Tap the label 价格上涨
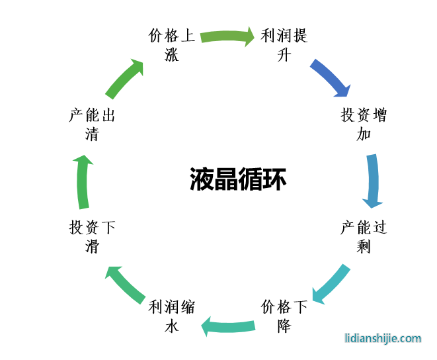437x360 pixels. click(172, 44)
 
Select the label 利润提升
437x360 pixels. click(284, 44)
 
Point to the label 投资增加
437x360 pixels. click(364, 124)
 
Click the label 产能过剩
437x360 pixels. click(364, 236)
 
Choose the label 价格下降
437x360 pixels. click(284, 316)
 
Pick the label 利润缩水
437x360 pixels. click(172, 316)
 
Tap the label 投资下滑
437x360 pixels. click(93, 236)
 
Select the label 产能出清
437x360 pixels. click(93, 124)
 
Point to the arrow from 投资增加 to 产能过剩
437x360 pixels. click(373, 181)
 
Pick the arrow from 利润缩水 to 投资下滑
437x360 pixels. click(126, 283)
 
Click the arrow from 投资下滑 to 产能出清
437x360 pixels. click(83, 181)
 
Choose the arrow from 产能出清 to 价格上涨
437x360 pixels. click(124, 78)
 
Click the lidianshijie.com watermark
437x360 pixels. click(383, 338)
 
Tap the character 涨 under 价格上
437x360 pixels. click(172, 54)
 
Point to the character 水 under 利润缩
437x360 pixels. click(172, 325)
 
